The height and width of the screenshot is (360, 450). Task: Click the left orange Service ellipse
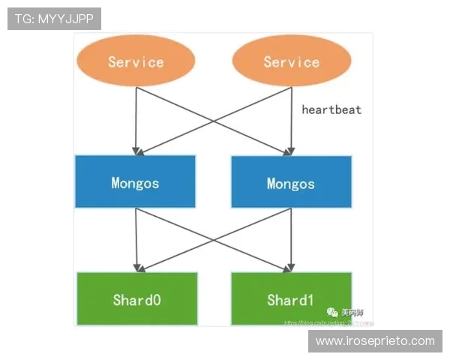[136, 61]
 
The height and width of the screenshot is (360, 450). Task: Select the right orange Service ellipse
[291, 61]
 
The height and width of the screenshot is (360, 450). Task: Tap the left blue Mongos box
[135, 181]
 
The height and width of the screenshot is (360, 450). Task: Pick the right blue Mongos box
[291, 181]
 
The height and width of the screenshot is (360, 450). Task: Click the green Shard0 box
[136, 300]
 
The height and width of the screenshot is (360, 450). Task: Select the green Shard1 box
[290, 300]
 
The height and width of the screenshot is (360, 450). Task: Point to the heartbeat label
[331, 109]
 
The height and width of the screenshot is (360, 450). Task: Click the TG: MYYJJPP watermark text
[54, 19]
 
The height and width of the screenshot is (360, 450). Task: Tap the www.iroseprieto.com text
[375, 341]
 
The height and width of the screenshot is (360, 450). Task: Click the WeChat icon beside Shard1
[332, 310]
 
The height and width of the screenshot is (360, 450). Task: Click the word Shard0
[136, 301]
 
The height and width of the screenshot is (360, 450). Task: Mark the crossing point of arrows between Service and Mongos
[213, 120]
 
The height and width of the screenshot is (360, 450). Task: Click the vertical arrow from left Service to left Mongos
[136, 120]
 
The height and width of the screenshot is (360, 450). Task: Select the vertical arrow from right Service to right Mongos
[291, 120]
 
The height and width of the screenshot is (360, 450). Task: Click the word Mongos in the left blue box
[135, 182]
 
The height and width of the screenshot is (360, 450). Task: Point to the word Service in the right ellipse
[291, 61]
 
